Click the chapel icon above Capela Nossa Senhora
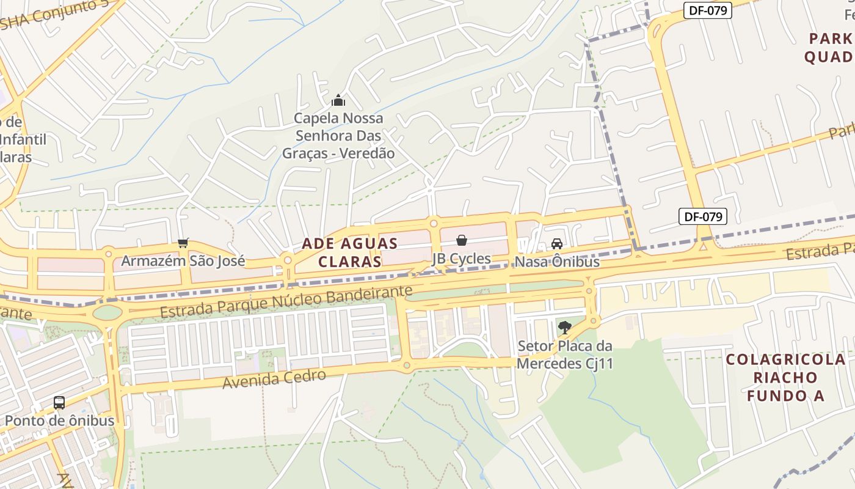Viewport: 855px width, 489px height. (338, 100)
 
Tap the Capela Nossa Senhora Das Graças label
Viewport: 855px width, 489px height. (338, 136)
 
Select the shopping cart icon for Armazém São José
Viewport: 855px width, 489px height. (183, 243)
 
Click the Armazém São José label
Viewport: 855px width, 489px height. (183, 261)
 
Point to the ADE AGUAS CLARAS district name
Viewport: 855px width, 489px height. (350, 252)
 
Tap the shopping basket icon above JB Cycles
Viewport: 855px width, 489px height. (462, 240)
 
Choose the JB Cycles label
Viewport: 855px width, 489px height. (462, 259)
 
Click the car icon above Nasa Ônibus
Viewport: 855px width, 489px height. (557, 244)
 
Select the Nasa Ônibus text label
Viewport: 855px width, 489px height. (557, 262)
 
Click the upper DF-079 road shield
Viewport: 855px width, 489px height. (707, 10)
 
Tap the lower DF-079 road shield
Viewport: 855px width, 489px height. (703, 216)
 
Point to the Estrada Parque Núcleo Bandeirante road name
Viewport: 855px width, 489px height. (286, 302)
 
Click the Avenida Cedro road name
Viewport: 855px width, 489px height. (274, 379)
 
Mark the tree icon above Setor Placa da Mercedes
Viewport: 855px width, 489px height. (564, 328)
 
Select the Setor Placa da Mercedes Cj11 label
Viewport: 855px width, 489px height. (564, 355)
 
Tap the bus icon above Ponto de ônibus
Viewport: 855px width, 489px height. (59, 403)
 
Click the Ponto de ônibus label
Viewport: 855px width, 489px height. (59, 421)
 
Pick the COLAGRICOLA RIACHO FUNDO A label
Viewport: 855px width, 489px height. (785, 377)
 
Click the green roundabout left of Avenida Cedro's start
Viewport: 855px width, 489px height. (108, 313)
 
